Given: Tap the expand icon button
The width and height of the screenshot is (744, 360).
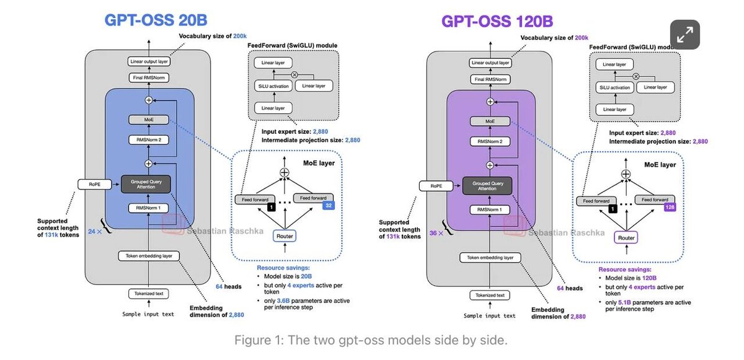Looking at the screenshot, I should pyautogui.click(x=684, y=35).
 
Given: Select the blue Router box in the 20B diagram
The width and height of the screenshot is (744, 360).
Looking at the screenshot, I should pyautogui.click(x=284, y=235).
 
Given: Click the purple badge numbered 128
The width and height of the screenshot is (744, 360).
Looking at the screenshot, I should pyautogui.click(x=669, y=207).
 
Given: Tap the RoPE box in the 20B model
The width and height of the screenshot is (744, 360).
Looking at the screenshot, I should pyautogui.click(x=91, y=183).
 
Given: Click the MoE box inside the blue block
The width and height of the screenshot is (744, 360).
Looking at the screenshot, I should pyautogui.click(x=148, y=119).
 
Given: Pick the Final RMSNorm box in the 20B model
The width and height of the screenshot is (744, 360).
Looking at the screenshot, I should pyautogui.click(x=149, y=77).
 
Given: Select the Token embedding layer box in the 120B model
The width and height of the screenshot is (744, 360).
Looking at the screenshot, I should pyautogui.click(x=490, y=257).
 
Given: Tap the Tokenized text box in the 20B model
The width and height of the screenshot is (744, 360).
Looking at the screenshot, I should pyautogui.click(x=148, y=294).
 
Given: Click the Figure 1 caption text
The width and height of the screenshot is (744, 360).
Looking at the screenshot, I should pyautogui.click(x=371, y=340).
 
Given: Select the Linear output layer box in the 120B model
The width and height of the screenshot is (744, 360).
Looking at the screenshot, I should pyautogui.click(x=490, y=63).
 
